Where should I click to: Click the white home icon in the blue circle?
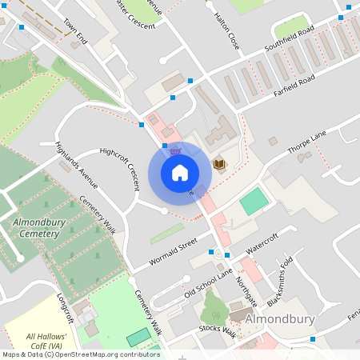pos(180,173)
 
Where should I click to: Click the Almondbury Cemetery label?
pos(36,227)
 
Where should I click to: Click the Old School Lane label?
pos(208,283)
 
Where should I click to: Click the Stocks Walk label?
pos(218,330)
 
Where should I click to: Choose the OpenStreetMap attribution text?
pos(81,354)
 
